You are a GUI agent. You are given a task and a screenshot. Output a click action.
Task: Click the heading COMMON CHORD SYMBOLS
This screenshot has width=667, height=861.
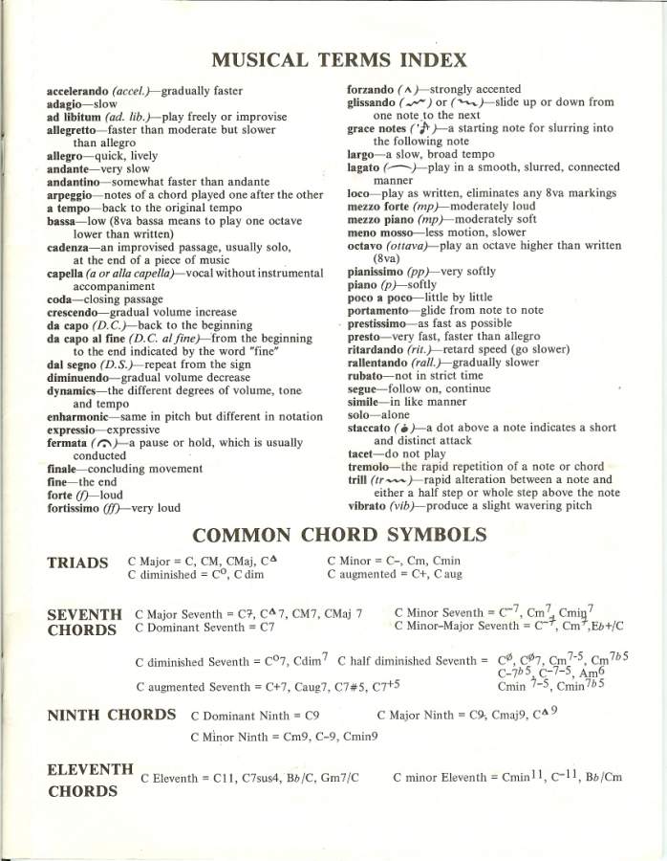point(339,534)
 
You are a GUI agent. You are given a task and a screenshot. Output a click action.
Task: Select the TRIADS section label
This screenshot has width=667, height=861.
point(76,563)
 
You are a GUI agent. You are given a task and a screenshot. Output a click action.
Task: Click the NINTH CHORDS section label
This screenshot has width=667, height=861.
point(111,715)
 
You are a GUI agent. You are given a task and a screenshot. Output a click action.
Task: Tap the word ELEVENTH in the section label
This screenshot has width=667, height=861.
point(89,768)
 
